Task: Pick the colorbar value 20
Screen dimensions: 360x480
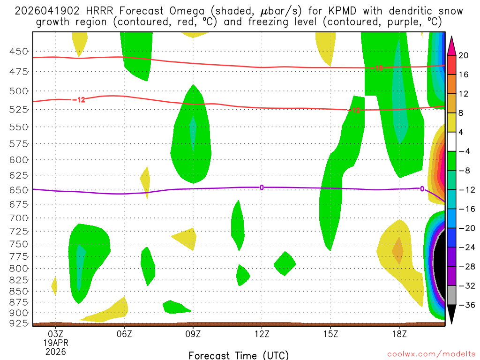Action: coord(464,55)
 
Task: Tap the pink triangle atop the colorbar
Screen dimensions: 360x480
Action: coord(452,45)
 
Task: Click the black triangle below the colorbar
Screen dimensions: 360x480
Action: coord(452,315)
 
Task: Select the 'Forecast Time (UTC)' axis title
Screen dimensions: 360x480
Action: coord(239,355)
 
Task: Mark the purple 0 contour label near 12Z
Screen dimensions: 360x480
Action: coord(262,187)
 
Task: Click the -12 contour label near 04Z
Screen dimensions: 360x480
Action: coord(78,99)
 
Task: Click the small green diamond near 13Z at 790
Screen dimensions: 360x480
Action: coord(285,263)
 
